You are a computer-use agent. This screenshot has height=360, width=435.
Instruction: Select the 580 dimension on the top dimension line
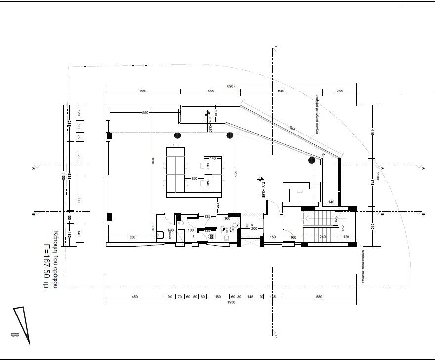pyautogui.click(x=143, y=91)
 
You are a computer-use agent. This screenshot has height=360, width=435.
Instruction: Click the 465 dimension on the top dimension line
pyautogui.click(x=210, y=91)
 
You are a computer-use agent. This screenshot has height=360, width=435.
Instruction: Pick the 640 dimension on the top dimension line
pyautogui.click(x=281, y=91)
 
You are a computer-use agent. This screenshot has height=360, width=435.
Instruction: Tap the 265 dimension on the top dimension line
pyautogui.click(x=339, y=91)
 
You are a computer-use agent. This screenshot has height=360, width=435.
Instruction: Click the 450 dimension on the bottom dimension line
pyautogui.click(x=134, y=297)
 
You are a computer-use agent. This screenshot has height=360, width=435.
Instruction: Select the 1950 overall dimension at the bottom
pyautogui.click(x=231, y=302)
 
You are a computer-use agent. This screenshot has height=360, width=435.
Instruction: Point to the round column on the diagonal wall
pyautogui.click(x=312, y=160)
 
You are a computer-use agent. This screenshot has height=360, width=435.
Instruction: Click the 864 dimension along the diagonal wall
pyautogui.click(x=292, y=128)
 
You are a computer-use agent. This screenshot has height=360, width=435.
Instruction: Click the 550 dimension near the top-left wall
pyautogui.click(x=145, y=113)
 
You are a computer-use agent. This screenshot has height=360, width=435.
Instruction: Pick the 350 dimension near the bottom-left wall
pyautogui.click(x=132, y=238)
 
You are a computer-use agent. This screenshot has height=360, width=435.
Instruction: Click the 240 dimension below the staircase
pyautogui.click(x=323, y=238)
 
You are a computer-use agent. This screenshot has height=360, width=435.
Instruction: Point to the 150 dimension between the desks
pyautogui.click(x=194, y=178)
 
